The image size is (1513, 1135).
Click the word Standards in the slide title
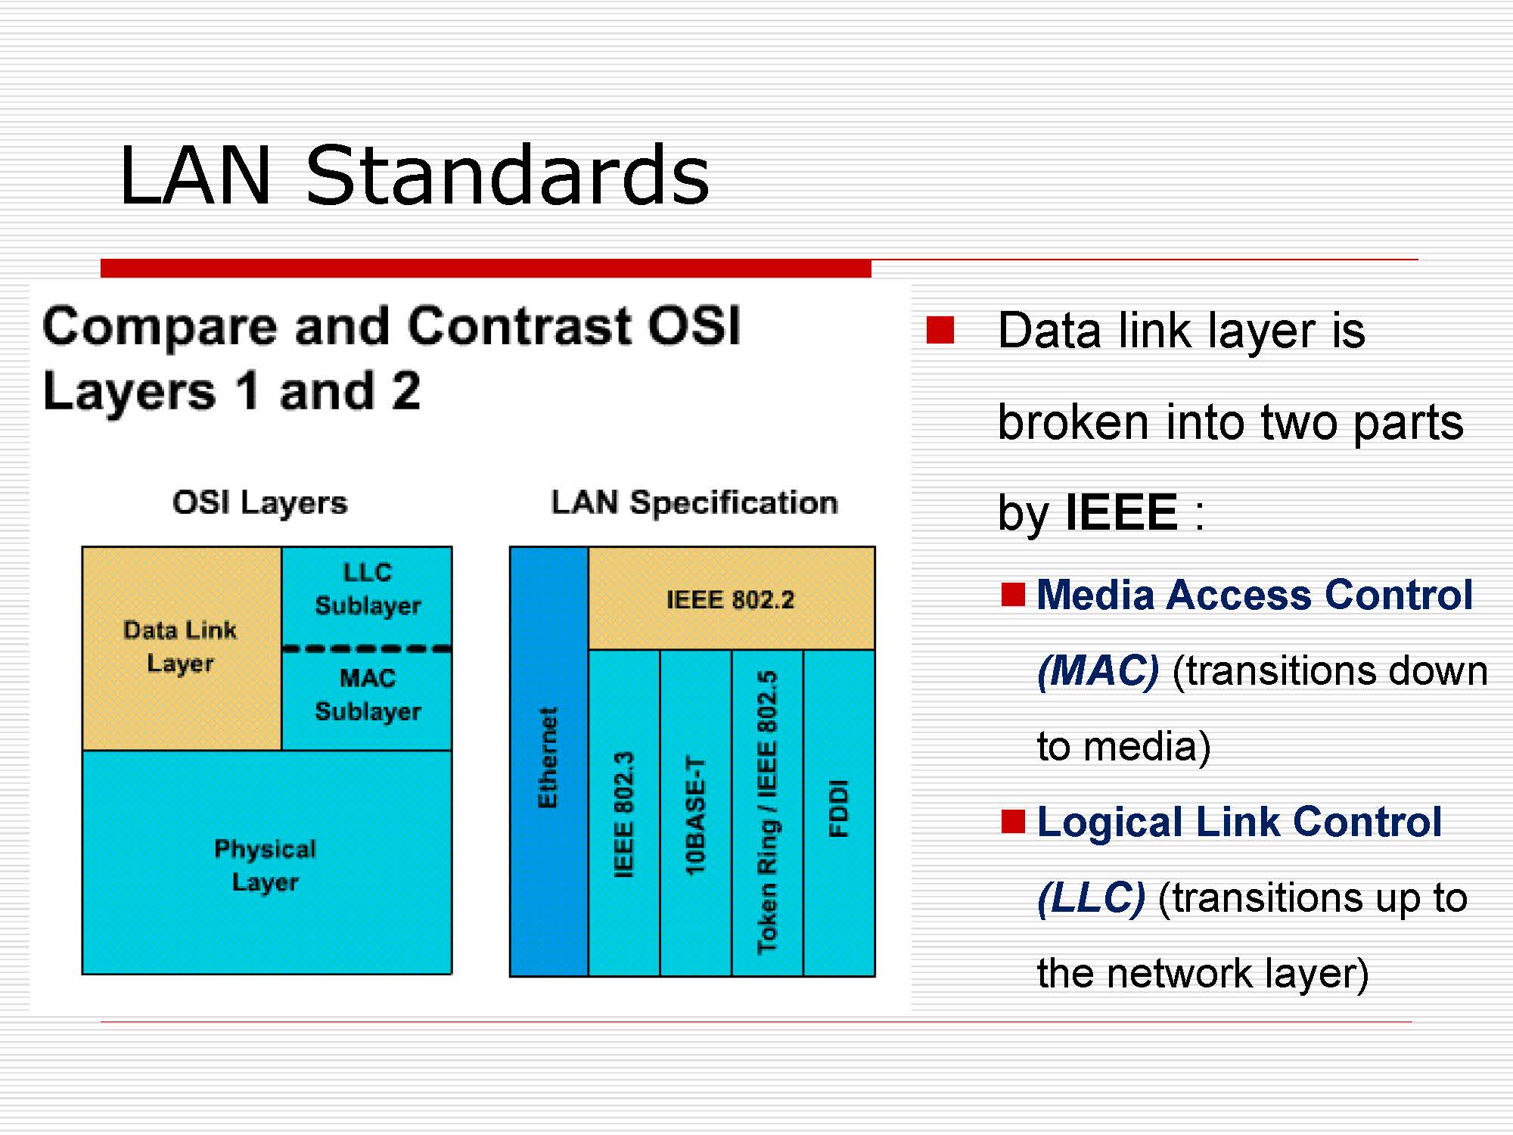tap(507, 176)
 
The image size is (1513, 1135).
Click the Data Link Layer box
tap(181, 647)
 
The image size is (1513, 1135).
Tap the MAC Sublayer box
tap(368, 695)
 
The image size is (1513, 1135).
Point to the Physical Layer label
tap(265, 865)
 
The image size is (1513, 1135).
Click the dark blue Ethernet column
tap(548, 760)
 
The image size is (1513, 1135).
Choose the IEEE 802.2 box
tap(731, 599)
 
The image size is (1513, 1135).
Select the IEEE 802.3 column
tap(623, 813)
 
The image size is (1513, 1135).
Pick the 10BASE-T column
tap(695, 813)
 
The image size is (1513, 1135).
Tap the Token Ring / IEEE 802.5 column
tap(767, 813)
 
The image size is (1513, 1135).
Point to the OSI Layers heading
tap(259, 503)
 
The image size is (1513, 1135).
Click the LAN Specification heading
tap(694, 503)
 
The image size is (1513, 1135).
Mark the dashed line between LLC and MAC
tap(367, 648)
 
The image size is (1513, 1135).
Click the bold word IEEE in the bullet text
tap(1121, 513)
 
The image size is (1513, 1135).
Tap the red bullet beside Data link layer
tap(940, 331)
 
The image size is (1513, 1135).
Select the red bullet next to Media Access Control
tap(1013, 595)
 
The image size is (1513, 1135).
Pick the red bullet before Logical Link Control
tap(1013, 822)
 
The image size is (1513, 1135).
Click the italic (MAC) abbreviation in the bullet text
tap(1098, 671)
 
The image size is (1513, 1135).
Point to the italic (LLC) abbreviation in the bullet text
tap(1091, 898)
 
